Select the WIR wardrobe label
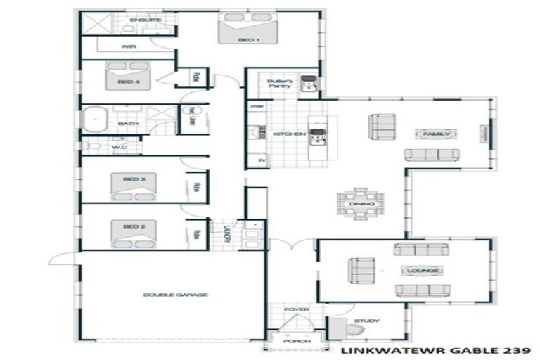coord(128,46)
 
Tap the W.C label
coord(119,148)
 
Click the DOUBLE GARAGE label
coord(175,295)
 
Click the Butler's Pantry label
coord(279,84)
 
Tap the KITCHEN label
coord(289,134)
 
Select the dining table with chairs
coord(356,204)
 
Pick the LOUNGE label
coord(421,271)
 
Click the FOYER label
coord(292,309)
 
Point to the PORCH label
coord(292,342)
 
